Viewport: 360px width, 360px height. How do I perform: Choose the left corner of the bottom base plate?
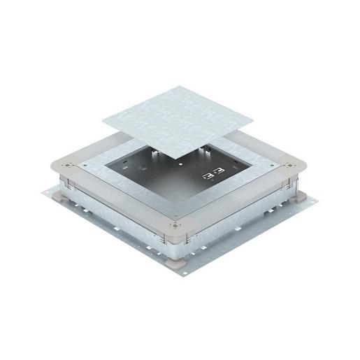click(44, 192)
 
